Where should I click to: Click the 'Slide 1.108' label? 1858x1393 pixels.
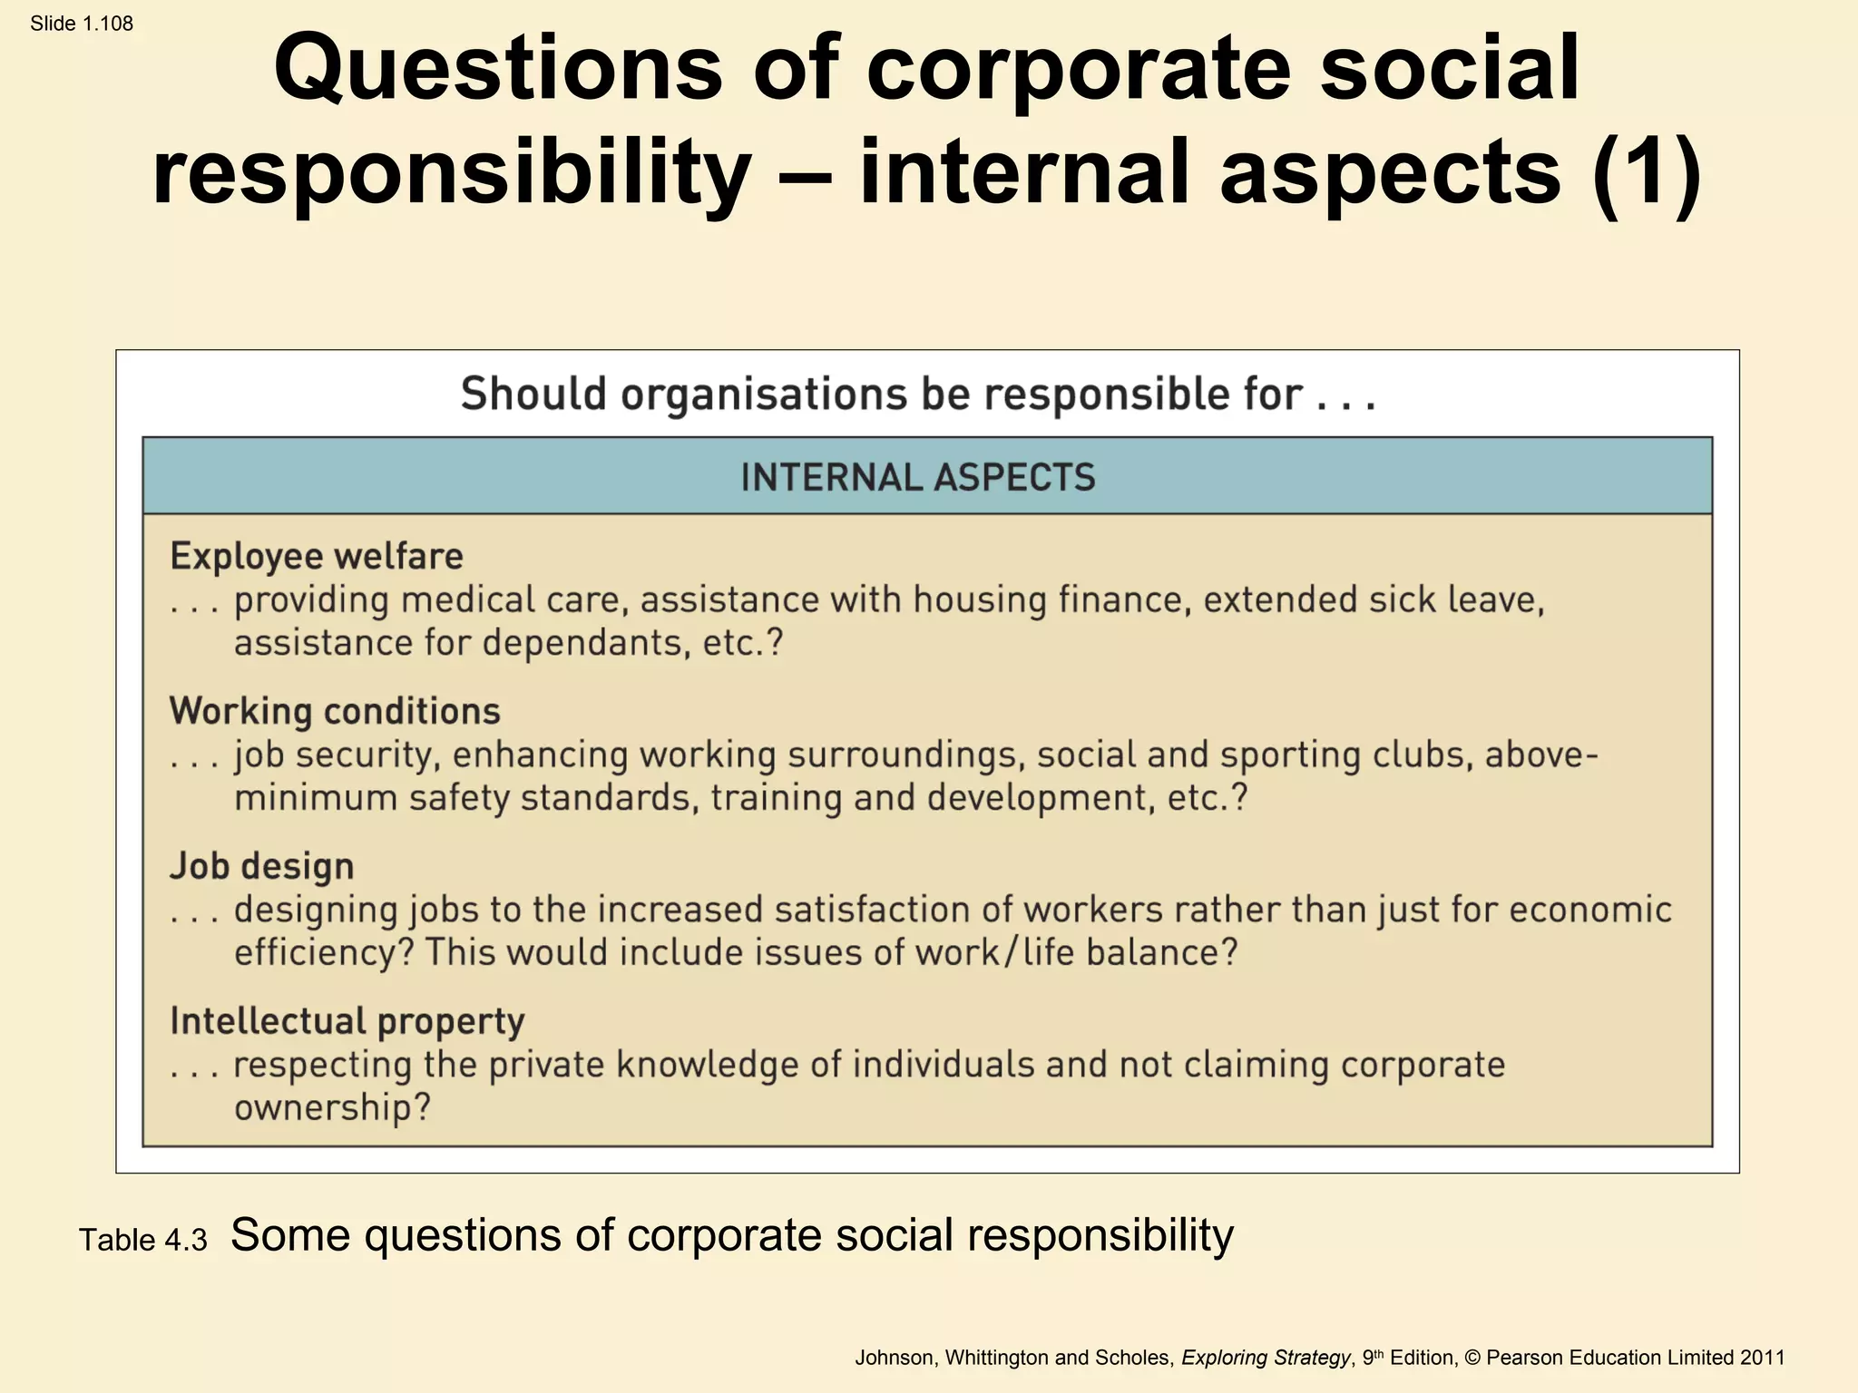pyautogui.click(x=82, y=24)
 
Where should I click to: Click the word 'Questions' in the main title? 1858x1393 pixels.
pyautogui.click(x=498, y=69)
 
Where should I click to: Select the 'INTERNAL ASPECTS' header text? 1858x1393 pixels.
pyautogui.click(x=918, y=478)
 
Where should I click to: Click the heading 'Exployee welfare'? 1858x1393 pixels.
pyautogui.click(x=317, y=556)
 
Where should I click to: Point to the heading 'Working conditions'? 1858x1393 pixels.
pyautogui.click(x=335, y=711)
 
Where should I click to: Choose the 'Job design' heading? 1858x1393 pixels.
pyautogui.click(x=262, y=866)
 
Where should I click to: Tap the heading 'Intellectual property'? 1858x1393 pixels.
pyautogui.click(x=347, y=1021)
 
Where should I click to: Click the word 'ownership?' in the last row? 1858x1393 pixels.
pyautogui.click(x=332, y=1107)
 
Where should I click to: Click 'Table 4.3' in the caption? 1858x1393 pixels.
pyautogui.click(x=143, y=1240)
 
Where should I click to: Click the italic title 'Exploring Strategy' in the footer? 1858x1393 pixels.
pyautogui.click(x=1266, y=1358)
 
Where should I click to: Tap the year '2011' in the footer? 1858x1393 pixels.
pyautogui.click(x=1763, y=1358)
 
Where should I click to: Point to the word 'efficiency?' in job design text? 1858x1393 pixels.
pyautogui.click(x=324, y=952)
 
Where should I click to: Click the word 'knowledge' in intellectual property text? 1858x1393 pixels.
pyautogui.click(x=708, y=1065)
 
